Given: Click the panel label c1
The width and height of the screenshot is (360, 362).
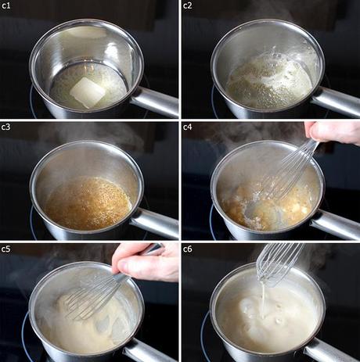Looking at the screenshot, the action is pos(5,5).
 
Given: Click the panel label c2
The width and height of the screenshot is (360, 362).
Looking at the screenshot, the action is pos(188,5).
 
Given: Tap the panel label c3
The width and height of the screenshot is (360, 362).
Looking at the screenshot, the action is pos(5,127).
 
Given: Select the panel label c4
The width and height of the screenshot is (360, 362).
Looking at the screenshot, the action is pos(188,127).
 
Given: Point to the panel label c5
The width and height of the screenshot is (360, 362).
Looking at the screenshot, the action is pos(5,249).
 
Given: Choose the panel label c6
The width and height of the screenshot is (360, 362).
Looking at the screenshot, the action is pos(188,249).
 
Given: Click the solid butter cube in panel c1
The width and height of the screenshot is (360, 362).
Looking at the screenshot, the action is pos(88,92).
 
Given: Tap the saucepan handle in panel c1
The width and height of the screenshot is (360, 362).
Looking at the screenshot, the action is pos(155,102).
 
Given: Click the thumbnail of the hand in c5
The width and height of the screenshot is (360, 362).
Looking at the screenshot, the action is pos(123,267).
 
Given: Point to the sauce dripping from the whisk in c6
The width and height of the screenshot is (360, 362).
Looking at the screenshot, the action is pos(264,299).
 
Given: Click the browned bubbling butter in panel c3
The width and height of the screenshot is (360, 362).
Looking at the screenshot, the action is pos(88,203).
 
